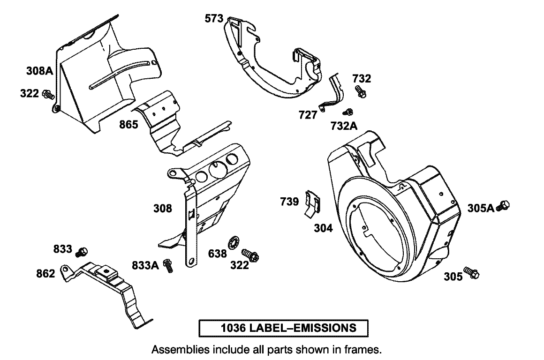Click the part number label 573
click(x=214, y=19)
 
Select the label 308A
click(x=39, y=71)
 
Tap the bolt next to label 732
click(x=361, y=91)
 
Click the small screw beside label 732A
click(x=348, y=112)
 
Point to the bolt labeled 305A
click(x=504, y=205)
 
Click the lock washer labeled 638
click(x=233, y=243)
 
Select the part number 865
click(x=128, y=125)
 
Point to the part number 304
click(x=323, y=228)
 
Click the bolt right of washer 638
click(x=250, y=255)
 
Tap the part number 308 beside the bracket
click(x=163, y=209)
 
